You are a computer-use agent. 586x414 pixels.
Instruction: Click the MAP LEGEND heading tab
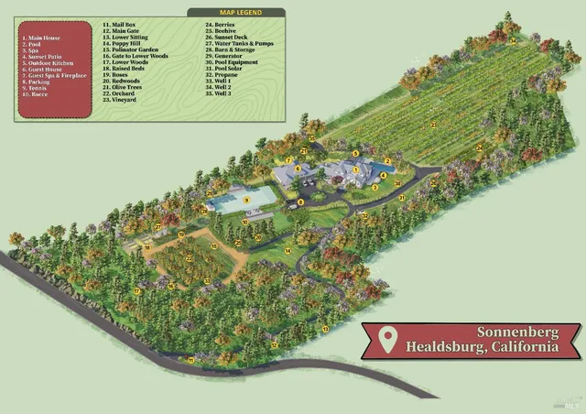(235, 13)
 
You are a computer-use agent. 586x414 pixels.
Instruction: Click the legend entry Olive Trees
(125, 88)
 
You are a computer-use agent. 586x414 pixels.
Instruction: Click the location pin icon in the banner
(388, 340)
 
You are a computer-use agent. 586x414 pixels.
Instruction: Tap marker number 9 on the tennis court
(246, 200)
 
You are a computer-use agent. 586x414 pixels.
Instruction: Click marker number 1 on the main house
(354, 170)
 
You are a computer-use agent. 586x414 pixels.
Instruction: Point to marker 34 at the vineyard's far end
(514, 40)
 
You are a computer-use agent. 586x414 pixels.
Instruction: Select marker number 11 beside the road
(190, 360)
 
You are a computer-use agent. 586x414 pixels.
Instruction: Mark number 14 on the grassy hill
(287, 250)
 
